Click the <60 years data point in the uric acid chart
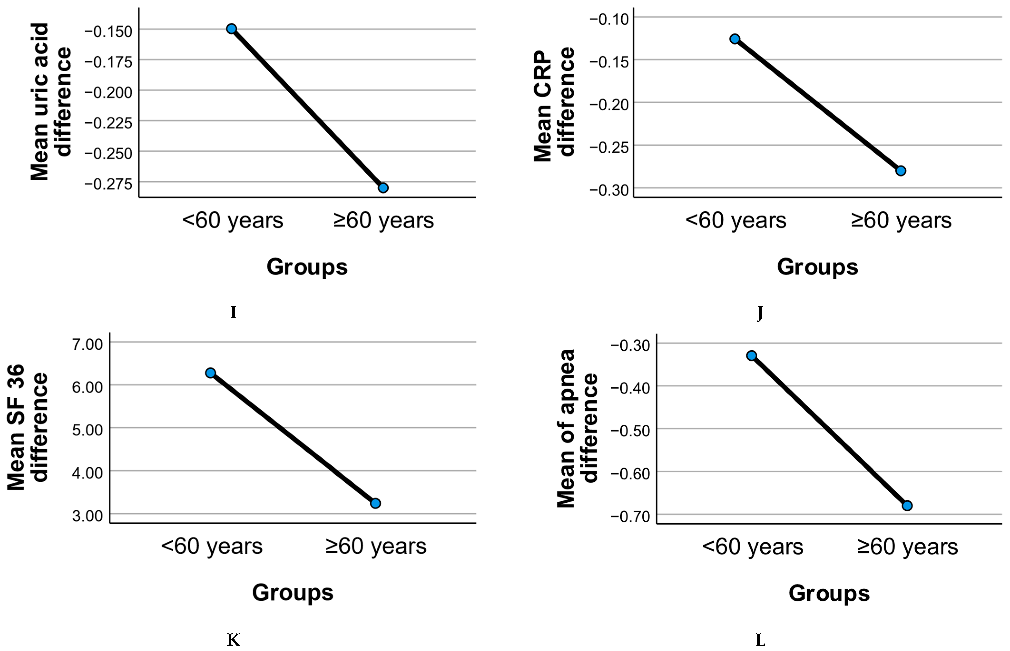pyautogui.click(x=231, y=29)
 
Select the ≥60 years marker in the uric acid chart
pyautogui.click(x=383, y=188)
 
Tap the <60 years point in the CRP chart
pyautogui.click(x=735, y=39)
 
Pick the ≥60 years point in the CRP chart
pyautogui.click(x=901, y=171)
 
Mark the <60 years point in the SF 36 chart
pyautogui.click(x=211, y=373)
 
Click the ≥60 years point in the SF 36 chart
pyautogui.click(x=375, y=503)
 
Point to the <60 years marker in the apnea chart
pyautogui.click(x=751, y=355)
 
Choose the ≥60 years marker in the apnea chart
pyautogui.click(x=907, y=506)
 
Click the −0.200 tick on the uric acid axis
pyautogui.click(x=108, y=92)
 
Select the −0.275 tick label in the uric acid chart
pyautogui.click(x=108, y=184)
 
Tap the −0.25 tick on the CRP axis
pyautogui.click(x=609, y=147)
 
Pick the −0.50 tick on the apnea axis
pyautogui.click(x=630, y=431)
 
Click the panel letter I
pyautogui.click(x=233, y=312)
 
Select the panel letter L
pyautogui.click(x=760, y=641)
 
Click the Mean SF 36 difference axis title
pyautogui.click(x=27, y=427)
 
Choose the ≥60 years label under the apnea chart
pyautogui.click(x=907, y=547)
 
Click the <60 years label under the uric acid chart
pyautogui.click(x=232, y=220)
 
